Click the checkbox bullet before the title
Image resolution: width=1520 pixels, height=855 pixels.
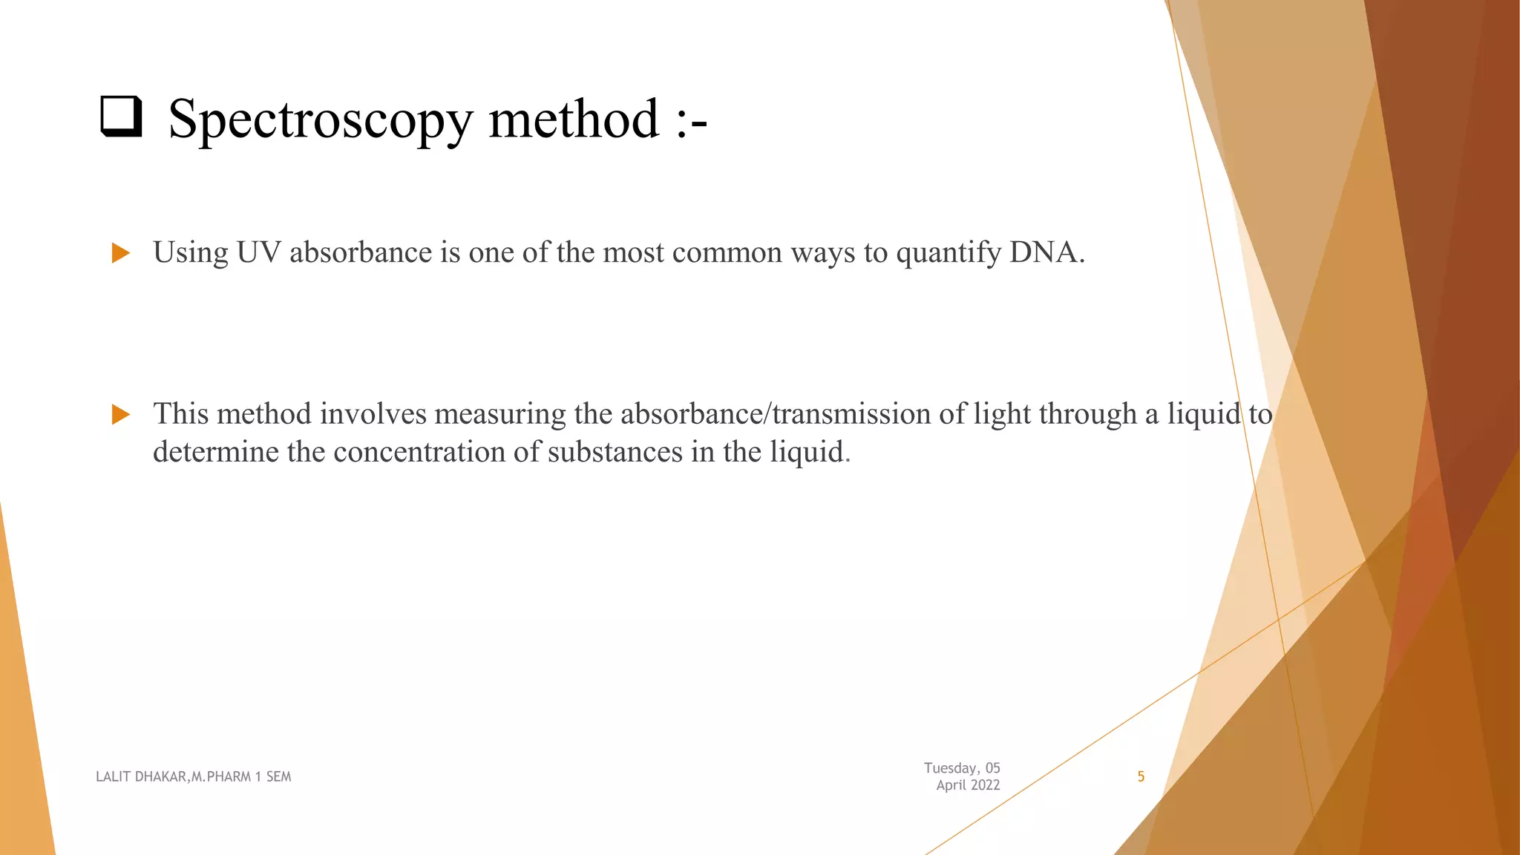click(x=121, y=117)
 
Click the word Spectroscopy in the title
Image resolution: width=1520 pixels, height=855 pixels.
click(x=320, y=120)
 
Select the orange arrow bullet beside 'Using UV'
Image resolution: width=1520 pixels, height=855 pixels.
click(x=120, y=253)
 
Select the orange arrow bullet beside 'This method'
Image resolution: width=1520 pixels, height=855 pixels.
click(x=120, y=414)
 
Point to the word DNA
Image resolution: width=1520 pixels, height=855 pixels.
click(x=1045, y=253)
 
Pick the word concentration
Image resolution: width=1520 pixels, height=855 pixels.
click(x=421, y=452)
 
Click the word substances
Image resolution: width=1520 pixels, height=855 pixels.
click(x=615, y=452)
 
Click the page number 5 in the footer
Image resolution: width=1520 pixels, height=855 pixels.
click(x=1141, y=777)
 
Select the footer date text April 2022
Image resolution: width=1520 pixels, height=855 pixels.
click(x=968, y=785)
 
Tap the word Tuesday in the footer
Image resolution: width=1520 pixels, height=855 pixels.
click(x=950, y=768)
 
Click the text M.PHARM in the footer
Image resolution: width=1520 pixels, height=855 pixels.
click(x=220, y=777)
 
